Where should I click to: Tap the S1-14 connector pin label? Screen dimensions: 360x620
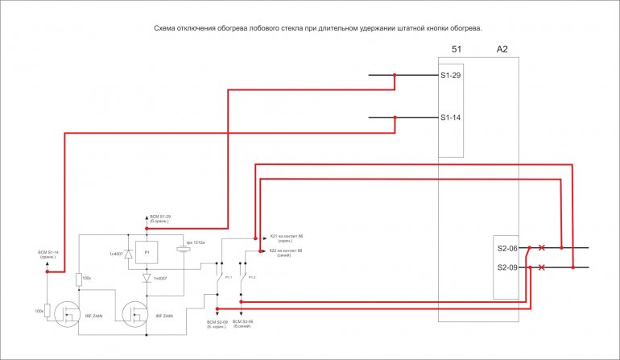click(x=451, y=118)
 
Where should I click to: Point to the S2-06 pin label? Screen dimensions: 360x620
click(x=507, y=248)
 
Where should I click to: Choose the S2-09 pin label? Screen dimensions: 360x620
click(x=507, y=267)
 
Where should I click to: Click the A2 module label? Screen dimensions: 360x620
click(x=502, y=50)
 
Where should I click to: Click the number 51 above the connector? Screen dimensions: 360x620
click(x=457, y=50)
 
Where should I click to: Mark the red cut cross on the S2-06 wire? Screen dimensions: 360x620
click(x=541, y=248)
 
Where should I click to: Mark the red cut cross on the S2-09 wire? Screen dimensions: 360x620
click(x=541, y=267)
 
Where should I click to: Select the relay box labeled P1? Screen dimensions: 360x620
click(x=147, y=253)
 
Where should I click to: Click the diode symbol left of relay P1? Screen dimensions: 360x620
click(x=128, y=253)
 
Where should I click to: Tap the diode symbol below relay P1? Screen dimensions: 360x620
click(x=147, y=278)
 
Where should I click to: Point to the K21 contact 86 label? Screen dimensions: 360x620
click(x=285, y=237)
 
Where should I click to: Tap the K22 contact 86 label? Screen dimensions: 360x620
click(x=285, y=251)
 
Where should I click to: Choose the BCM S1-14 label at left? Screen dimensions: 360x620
click(x=50, y=255)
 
